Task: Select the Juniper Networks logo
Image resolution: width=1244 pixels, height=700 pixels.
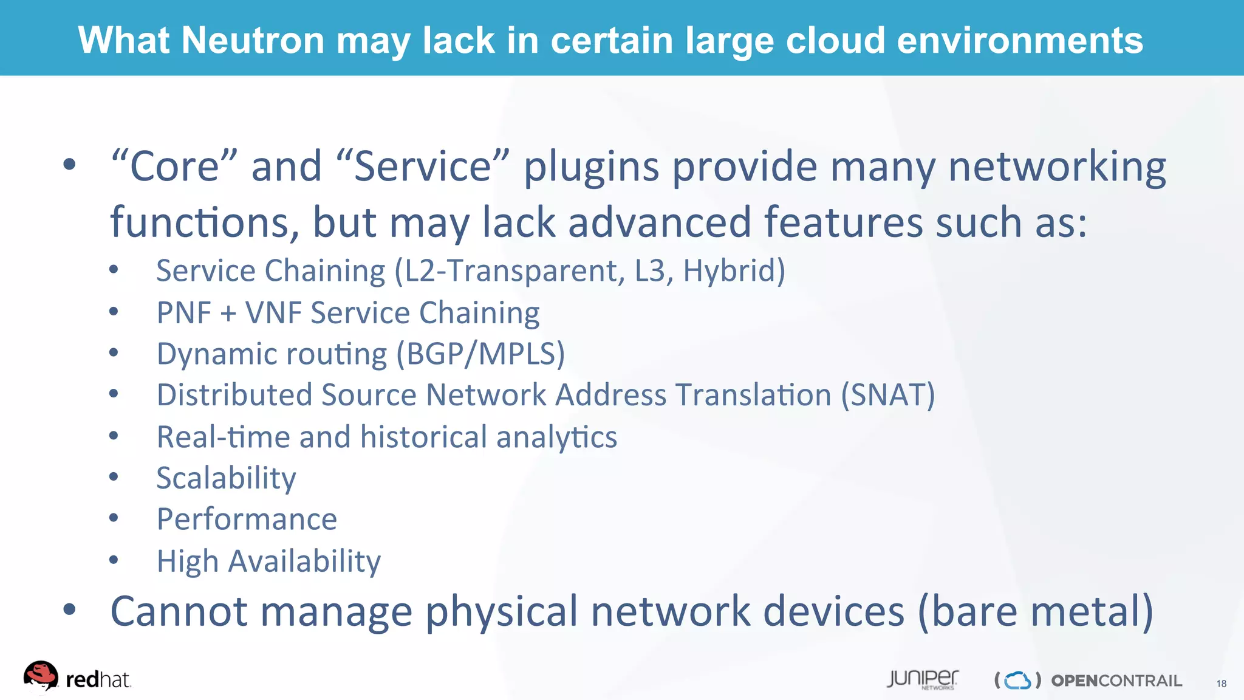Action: [922, 679]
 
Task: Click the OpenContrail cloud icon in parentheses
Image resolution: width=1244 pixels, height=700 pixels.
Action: [1017, 681]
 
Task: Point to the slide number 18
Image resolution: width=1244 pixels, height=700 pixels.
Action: [1221, 684]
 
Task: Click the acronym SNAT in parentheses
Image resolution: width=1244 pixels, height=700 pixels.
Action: [887, 395]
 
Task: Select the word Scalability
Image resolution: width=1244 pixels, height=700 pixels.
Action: [226, 478]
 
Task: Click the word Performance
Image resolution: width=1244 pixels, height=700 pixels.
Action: [247, 520]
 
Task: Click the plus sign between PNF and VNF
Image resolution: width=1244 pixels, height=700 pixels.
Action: [228, 314]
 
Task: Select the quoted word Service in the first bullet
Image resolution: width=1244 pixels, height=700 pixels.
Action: [422, 166]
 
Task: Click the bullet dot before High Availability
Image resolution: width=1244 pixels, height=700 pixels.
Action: [114, 560]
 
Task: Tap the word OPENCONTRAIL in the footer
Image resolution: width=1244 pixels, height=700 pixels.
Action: [1116, 681]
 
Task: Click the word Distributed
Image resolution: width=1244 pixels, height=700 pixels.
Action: [234, 395]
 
